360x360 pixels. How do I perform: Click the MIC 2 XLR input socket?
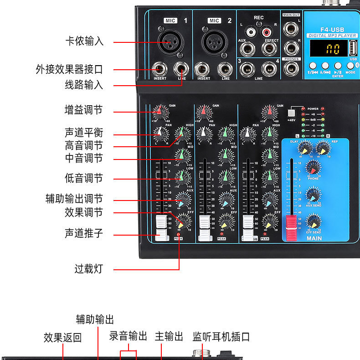coord(214,42)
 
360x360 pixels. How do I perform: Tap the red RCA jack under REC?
coord(267,32)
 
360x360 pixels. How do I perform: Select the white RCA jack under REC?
coord(250,32)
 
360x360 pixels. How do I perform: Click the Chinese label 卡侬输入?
coord(84,41)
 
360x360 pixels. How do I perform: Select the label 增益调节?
coord(83,110)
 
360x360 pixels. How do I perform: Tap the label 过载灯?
coord(88,269)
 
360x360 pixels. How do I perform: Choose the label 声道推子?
coord(83,233)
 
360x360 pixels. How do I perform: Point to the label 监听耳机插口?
coord(221,337)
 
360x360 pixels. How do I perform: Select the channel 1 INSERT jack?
coord(160,70)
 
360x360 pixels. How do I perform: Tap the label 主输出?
coord(169,337)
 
